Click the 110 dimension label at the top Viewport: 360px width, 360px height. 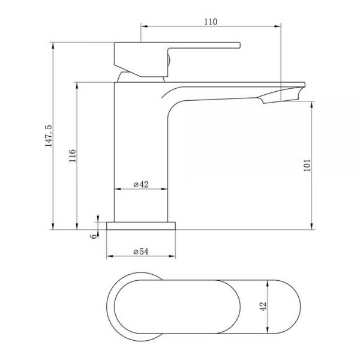pos(211,22)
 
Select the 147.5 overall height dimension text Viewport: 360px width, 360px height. pos(49,136)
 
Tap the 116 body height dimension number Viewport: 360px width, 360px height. pos(73,155)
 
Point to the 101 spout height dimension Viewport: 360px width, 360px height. pos(307,165)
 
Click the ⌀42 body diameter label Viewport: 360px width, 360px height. pos(141,184)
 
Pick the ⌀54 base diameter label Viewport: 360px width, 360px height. pos(141,251)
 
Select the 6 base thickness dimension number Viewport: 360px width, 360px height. pos(94,236)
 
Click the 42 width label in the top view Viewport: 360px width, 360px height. pos(263,307)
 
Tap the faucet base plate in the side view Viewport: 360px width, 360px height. pos(141,226)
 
